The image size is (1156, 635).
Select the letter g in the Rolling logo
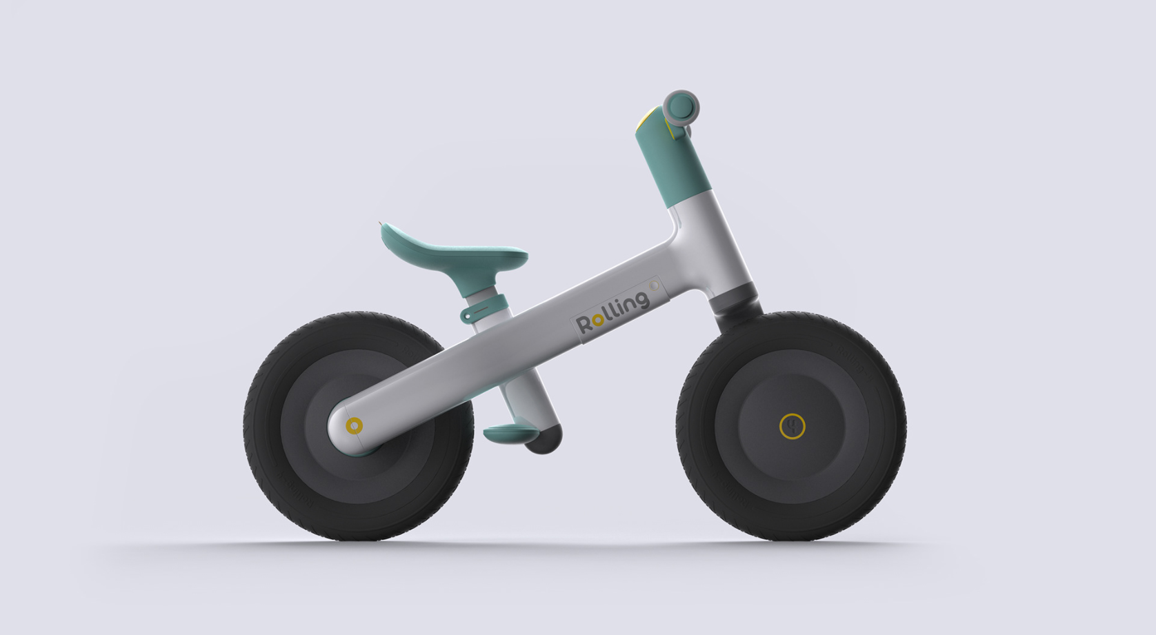(x=641, y=300)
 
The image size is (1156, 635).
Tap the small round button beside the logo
(x=654, y=284)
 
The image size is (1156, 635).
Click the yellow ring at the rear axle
(x=354, y=425)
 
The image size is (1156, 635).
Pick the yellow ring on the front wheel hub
(x=792, y=426)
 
